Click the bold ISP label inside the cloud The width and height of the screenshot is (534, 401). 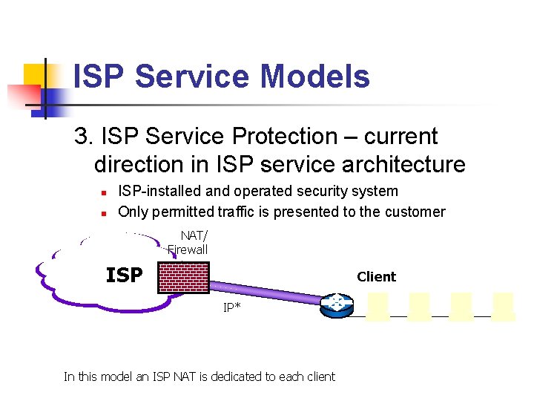124,276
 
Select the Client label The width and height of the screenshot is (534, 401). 376,277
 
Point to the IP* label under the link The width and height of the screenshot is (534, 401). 231,307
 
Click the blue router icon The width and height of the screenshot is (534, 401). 337,305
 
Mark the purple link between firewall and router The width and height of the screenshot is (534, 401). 267,292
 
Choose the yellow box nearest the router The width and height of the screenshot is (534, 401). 377,306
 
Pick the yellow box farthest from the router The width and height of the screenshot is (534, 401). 503,306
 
